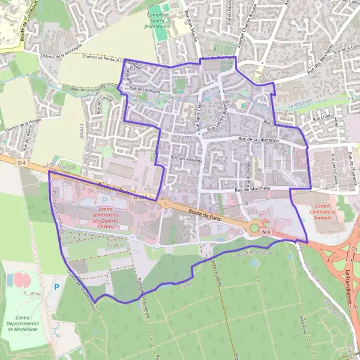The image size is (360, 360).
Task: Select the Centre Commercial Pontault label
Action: [x=326, y=212]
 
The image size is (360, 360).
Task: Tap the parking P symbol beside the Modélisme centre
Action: [x=57, y=287]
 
